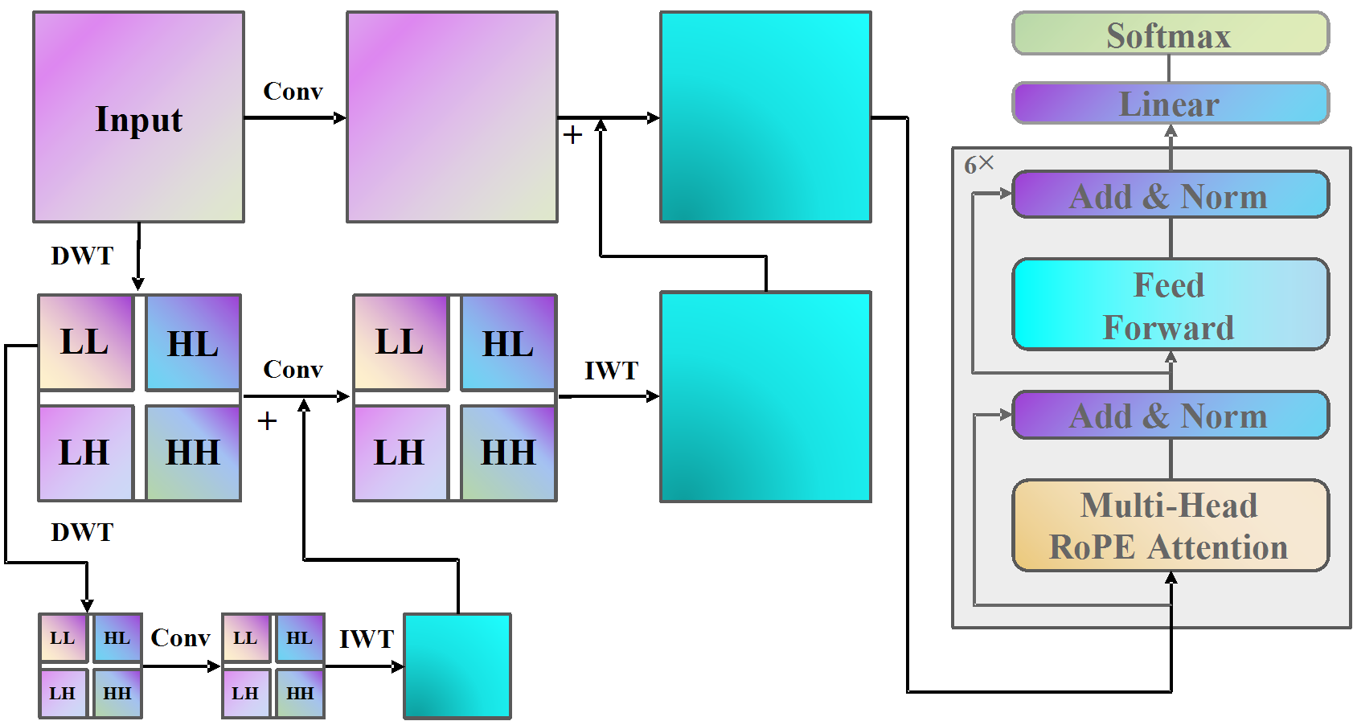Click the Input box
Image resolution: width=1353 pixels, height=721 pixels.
(138, 117)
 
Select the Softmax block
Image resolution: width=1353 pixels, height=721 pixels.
(1170, 34)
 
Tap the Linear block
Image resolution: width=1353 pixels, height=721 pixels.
(1170, 104)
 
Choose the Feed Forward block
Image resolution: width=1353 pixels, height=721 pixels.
(1170, 305)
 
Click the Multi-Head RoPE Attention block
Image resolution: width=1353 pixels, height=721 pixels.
(1170, 526)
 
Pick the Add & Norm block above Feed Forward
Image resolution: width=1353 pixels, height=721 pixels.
(1170, 195)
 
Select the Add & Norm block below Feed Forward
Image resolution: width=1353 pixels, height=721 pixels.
(1170, 415)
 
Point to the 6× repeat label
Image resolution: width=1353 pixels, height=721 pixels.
(978, 165)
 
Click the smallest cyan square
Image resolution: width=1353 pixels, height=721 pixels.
(457, 666)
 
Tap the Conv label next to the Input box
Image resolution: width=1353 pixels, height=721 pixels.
(293, 92)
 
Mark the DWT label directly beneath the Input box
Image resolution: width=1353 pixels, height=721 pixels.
(82, 256)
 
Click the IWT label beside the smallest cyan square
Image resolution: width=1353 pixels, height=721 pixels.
(366, 639)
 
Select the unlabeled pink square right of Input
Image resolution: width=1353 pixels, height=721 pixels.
(452, 117)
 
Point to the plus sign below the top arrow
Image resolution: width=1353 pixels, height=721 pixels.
(572, 134)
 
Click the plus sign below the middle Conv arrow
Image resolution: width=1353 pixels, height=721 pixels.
(267, 420)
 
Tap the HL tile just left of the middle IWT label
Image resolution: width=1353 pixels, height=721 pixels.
(507, 343)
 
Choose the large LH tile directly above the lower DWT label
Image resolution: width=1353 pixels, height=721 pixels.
(85, 453)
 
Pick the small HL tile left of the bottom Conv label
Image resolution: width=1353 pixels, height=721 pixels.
(117, 638)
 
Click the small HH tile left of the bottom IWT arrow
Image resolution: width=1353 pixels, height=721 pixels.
(300, 693)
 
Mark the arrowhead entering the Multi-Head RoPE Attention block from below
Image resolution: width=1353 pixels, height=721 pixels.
(1171, 578)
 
